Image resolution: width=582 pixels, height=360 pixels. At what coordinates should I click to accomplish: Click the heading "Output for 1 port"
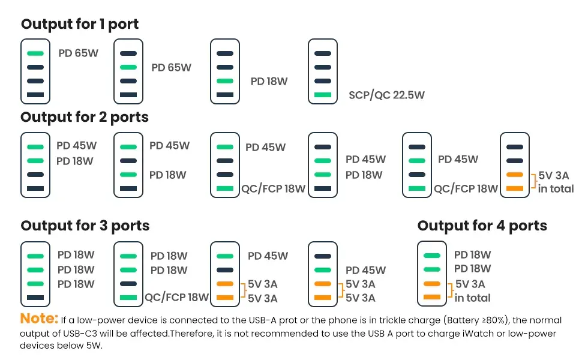[80, 25]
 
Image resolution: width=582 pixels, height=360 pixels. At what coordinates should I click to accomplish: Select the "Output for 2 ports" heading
[85, 117]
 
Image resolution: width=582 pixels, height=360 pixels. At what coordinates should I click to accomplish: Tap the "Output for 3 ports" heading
[85, 226]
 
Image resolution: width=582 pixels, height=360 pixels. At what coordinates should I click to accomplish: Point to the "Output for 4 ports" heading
[482, 226]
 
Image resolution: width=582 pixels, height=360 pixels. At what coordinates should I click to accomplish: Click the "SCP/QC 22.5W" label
[387, 95]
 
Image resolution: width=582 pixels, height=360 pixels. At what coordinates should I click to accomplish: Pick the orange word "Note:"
[40, 319]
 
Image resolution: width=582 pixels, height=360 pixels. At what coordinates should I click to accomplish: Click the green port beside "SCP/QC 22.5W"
[322, 95]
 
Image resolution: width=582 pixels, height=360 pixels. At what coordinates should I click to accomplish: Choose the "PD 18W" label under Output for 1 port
[269, 81]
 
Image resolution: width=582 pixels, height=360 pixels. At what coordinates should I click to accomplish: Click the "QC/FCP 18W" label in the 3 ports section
[176, 297]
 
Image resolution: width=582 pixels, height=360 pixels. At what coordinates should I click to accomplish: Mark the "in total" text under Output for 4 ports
[473, 298]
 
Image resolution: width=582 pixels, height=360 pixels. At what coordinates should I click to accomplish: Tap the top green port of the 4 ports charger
[431, 256]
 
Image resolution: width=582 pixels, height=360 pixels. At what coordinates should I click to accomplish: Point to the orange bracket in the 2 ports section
[533, 182]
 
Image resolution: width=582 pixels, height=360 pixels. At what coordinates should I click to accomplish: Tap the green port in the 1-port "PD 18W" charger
[225, 81]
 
